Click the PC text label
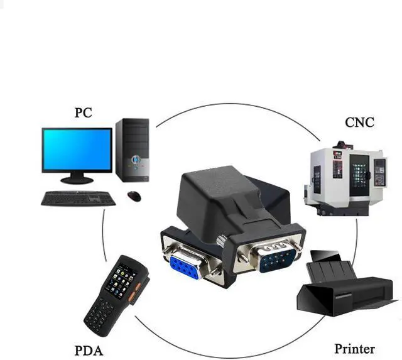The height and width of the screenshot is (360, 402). click(x=83, y=112)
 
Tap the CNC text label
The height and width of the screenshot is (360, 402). click(x=359, y=123)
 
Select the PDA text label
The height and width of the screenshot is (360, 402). click(x=89, y=351)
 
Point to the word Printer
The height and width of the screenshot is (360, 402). click(x=354, y=349)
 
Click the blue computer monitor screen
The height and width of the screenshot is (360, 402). click(x=77, y=150)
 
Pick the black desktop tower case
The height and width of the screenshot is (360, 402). click(x=133, y=150)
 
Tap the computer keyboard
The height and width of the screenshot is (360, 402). click(x=78, y=198)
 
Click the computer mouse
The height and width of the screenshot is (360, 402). click(x=134, y=196)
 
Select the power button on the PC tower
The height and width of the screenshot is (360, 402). click(x=136, y=160)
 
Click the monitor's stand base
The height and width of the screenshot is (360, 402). click(x=77, y=180)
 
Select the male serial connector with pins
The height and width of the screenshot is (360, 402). click(x=278, y=258)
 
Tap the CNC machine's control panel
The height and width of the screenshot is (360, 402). click(x=379, y=170)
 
